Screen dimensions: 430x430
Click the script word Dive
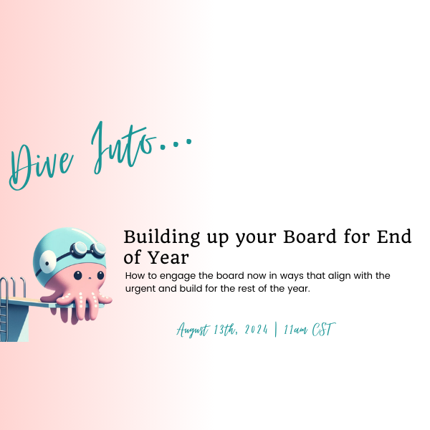tap(41, 166)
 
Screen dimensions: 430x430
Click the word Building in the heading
tap(162, 237)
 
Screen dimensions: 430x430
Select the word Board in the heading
tap(310, 236)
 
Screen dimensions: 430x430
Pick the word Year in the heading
tap(168, 257)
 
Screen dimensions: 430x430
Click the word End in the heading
tap(394, 236)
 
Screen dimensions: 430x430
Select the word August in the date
tap(193, 330)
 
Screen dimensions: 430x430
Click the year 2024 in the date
tap(256, 330)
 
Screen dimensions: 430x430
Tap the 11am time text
tap(295, 330)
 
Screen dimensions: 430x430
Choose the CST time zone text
tap(324, 329)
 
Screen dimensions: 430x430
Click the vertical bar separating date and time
tap(276, 330)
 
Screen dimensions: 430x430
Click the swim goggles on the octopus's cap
tap(87, 250)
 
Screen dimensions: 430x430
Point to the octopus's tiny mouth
tap(90, 278)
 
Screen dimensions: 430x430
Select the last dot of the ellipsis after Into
tap(188, 141)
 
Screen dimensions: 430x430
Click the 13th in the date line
tap(225, 330)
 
